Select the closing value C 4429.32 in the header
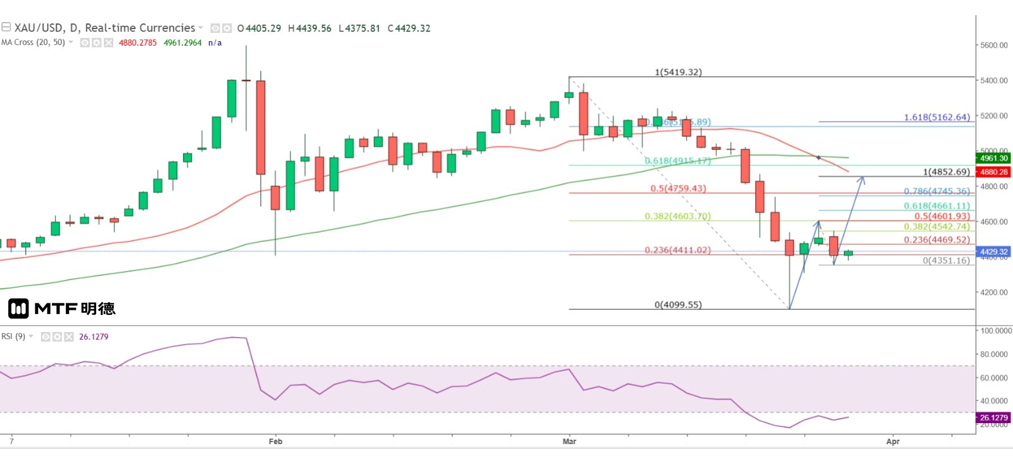[x=409, y=29]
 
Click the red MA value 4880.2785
[x=137, y=43]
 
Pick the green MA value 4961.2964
[x=182, y=43]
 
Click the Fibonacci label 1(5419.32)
[x=678, y=72]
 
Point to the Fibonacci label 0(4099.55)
[x=678, y=305]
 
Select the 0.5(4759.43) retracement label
[x=678, y=189]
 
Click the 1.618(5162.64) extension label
[x=936, y=117]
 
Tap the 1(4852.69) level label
[x=946, y=172]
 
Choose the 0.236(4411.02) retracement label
[x=677, y=250]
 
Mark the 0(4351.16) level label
[x=946, y=260]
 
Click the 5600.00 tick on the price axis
[x=993, y=46]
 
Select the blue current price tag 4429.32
[x=993, y=252]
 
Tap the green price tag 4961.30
[x=993, y=158]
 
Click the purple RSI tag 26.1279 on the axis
[x=993, y=417]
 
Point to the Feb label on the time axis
[x=275, y=442]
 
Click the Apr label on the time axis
[x=893, y=442]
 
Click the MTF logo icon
[x=18, y=309]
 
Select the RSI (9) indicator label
[x=13, y=336]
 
